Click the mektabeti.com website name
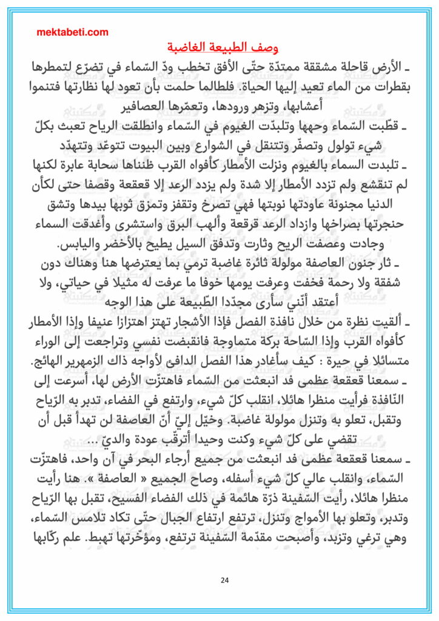click(x=72, y=33)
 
